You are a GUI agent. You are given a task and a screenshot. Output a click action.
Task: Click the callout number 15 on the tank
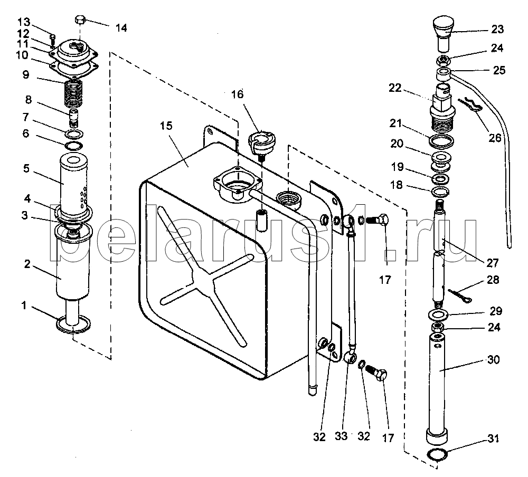coord(166,126)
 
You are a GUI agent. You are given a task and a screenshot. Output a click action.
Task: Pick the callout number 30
coord(494,359)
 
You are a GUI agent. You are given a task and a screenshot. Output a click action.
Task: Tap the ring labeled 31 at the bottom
coord(437,454)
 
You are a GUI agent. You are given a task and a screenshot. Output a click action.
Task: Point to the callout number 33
coord(341,436)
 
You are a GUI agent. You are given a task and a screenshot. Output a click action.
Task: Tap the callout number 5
coord(26,168)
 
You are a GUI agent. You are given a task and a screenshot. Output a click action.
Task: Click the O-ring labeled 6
coord(73,146)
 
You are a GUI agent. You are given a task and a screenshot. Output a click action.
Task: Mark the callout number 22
coord(395,88)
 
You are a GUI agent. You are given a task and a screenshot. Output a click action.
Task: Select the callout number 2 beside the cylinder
coord(27,264)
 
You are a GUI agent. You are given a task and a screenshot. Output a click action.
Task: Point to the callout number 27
coord(492,263)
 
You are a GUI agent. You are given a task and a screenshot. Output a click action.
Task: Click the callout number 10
coord(22,55)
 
